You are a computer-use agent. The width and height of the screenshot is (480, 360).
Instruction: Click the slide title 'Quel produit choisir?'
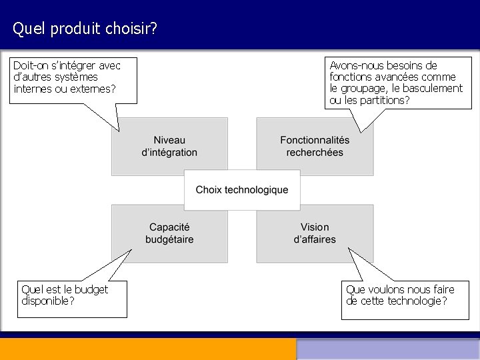tap(85, 29)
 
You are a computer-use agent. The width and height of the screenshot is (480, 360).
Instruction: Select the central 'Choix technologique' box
tap(242, 190)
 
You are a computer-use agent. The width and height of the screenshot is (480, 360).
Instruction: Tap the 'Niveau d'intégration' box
tap(169, 146)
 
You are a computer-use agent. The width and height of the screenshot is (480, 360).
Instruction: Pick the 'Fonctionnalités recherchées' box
tap(315, 146)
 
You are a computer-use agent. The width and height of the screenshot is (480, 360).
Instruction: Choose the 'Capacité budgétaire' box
tap(169, 233)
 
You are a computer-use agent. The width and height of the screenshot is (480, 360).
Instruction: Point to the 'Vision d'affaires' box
tap(315, 233)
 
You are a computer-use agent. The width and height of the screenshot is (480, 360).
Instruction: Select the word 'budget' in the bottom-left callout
tap(91, 289)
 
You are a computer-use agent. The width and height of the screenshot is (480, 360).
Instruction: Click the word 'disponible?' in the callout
tap(48, 301)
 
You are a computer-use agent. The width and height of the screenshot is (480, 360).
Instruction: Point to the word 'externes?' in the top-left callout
tap(93, 89)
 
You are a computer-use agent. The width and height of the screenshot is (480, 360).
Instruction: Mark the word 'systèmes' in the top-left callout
tap(75, 77)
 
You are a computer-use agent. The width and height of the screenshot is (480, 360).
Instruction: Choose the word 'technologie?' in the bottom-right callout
tap(417, 301)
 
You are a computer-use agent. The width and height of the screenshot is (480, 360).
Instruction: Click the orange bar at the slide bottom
tap(147, 349)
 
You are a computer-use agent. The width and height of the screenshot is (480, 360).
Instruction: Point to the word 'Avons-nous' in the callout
tap(355, 65)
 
